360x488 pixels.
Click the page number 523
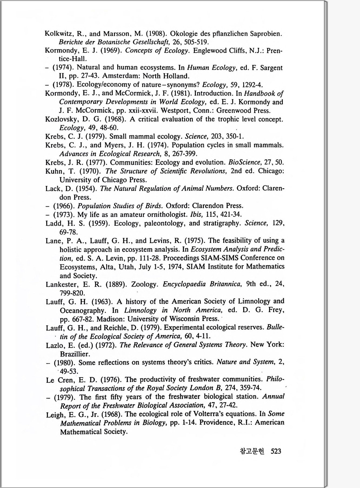(x=276, y=451)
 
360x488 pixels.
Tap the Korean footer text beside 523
(x=252, y=451)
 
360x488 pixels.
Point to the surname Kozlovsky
(x=60, y=119)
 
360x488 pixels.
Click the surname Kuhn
(x=54, y=171)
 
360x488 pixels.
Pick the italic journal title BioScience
(x=244, y=162)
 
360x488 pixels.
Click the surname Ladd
(x=54, y=223)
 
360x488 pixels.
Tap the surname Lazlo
(x=54, y=345)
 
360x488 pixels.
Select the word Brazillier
(x=75, y=354)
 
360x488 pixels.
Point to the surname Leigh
(x=55, y=415)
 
